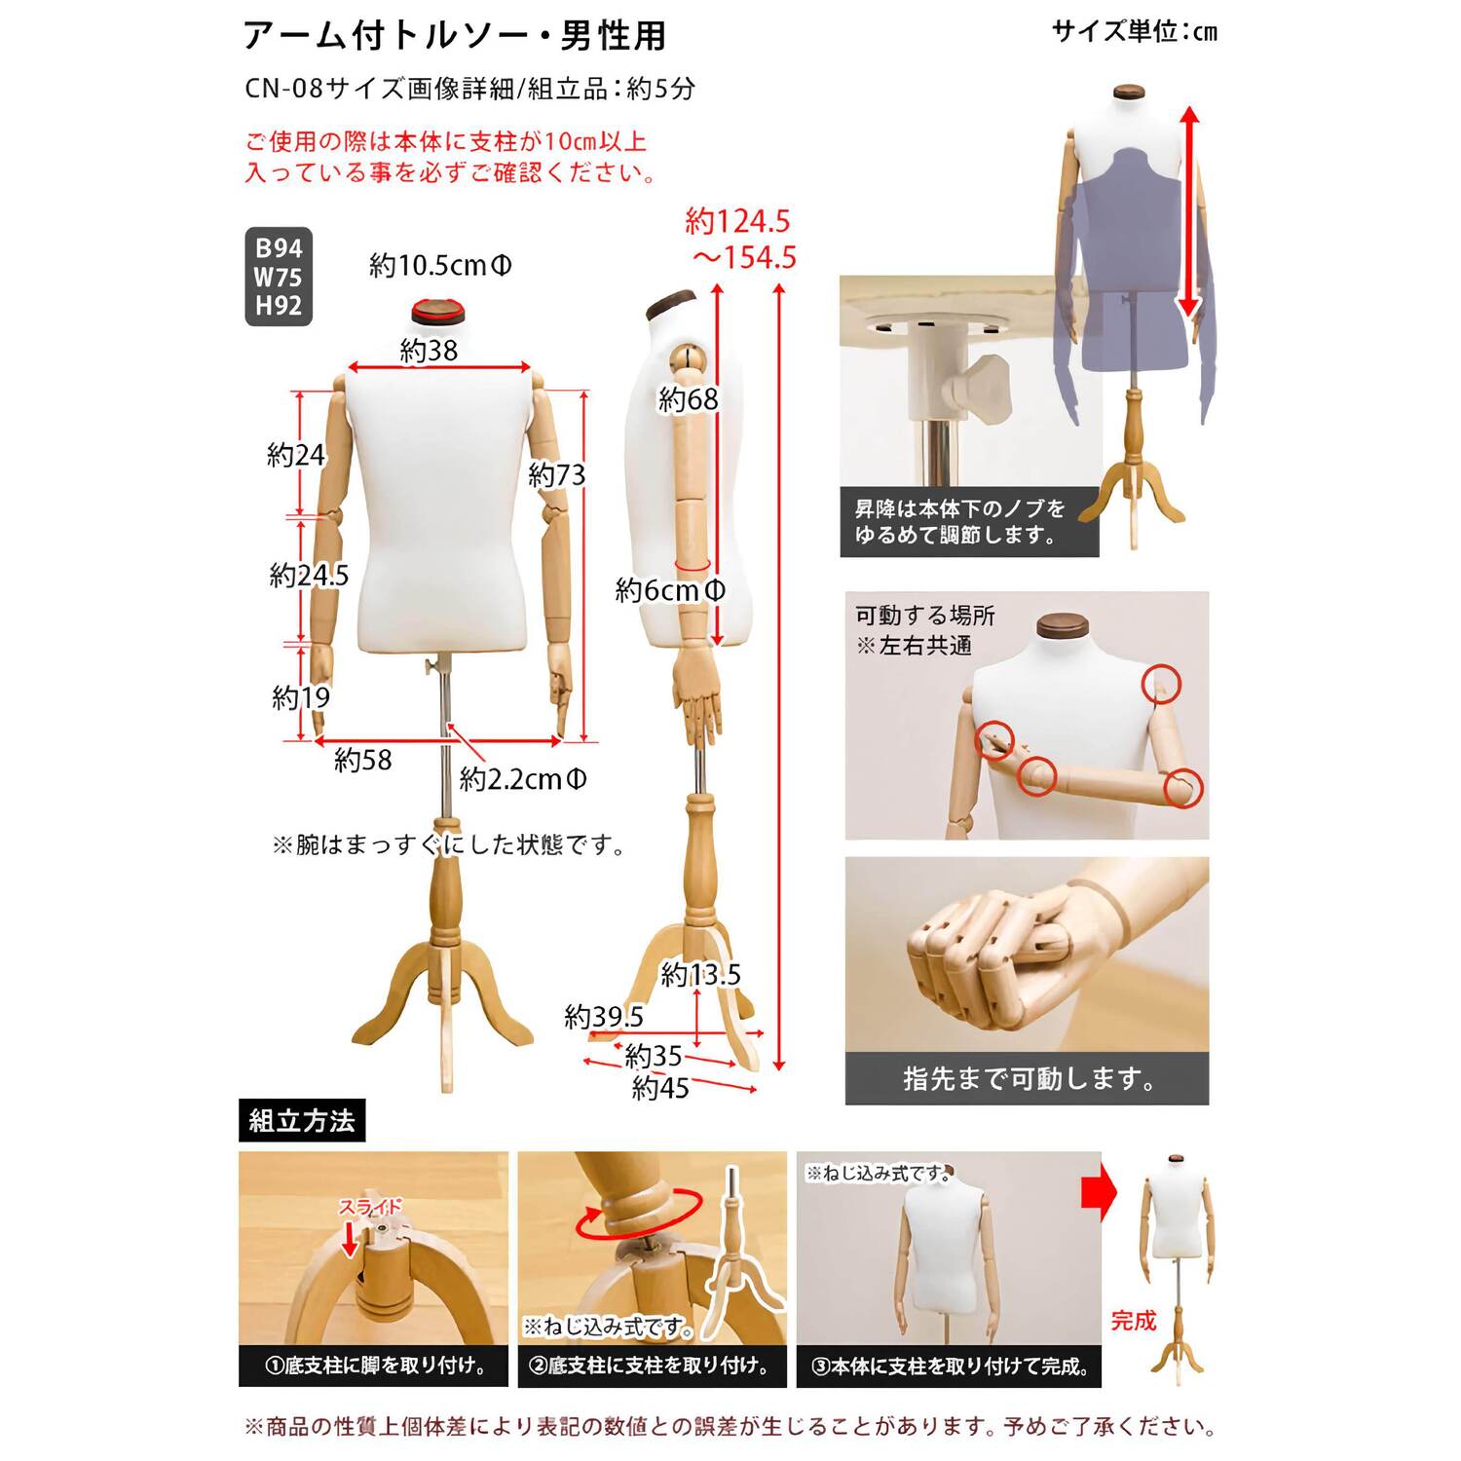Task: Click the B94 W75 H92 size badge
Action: coord(279,277)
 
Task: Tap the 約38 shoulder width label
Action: coord(429,351)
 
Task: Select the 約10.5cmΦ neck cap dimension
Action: coord(440,265)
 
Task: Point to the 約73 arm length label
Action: coord(557,475)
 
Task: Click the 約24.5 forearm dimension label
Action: coord(309,576)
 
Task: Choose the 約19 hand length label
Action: coord(301,697)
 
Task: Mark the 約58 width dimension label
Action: coord(363,760)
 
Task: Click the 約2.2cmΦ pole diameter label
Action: coord(523,779)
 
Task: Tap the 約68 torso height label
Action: coord(689,399)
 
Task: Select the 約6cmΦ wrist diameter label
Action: coord(670,590)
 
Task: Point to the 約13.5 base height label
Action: coord(700,974)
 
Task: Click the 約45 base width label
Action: coord(660,1088)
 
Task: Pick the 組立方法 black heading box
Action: coord(302,1121)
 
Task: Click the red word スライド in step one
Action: coord(370,1208)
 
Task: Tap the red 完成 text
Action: coord(1134,1321)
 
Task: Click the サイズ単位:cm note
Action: coord(1135,32)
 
